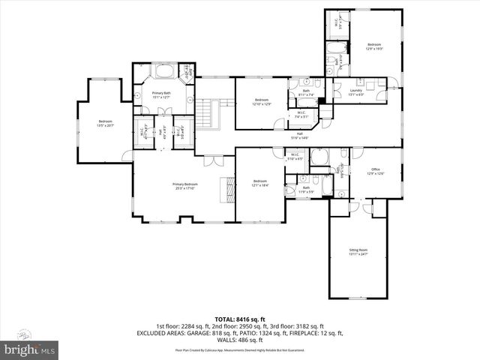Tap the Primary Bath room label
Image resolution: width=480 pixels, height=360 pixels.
(162, 94)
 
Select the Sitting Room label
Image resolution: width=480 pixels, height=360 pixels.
(358, 251)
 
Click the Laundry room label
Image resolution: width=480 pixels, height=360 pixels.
(356, 93)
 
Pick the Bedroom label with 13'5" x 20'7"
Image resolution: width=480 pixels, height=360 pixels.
(105, 123)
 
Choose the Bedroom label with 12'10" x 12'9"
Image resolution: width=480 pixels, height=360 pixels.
(261, 102)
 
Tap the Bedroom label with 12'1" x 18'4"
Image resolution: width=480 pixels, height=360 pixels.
(259, 183)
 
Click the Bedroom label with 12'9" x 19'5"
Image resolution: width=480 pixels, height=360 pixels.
(374, 46)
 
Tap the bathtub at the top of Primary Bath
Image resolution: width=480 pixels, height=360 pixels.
(163, 73)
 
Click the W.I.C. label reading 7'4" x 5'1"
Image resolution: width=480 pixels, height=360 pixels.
(301, 116)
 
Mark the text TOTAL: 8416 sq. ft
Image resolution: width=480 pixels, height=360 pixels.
(239, 319)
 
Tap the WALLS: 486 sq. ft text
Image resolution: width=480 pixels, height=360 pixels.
(239, 339)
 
